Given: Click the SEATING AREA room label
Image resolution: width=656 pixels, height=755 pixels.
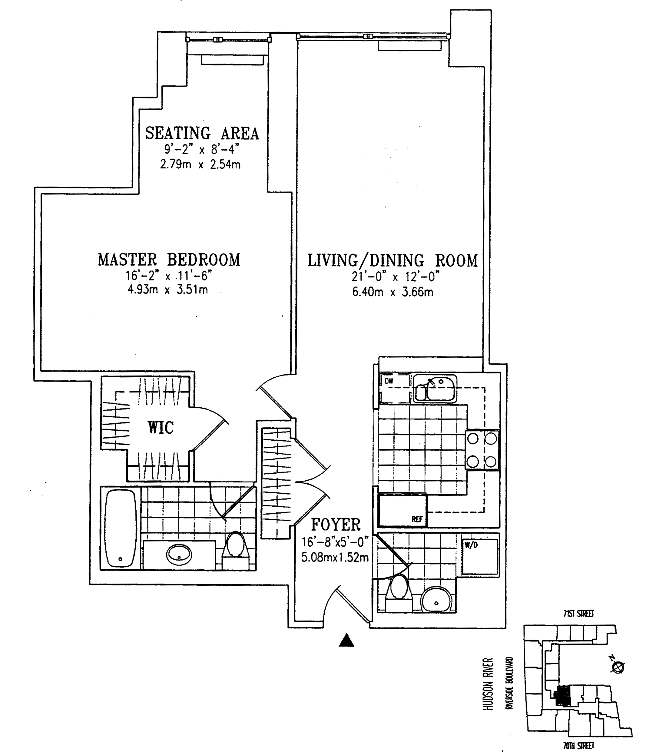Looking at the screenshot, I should point(202,133).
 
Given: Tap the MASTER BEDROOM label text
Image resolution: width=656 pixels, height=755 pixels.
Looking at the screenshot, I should point(169,260).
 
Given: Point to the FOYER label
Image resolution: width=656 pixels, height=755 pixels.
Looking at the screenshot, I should point(336,525).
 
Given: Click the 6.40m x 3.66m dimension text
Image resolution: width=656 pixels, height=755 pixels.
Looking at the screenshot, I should point(393,292).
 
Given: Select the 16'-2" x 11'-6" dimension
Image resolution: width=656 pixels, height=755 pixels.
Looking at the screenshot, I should point(169,275).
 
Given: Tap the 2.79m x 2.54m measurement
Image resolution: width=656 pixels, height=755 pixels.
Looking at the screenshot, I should point(200,164).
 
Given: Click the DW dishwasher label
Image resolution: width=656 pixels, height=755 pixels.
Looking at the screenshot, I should point(389,381).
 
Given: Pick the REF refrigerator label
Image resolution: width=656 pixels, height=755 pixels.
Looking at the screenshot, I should point(417,519).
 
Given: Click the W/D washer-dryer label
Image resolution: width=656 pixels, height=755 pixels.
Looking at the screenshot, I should point(471,545).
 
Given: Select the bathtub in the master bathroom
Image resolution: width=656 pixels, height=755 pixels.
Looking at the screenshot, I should point(121,528).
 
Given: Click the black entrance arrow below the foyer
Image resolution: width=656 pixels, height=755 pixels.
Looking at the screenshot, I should point(346,641).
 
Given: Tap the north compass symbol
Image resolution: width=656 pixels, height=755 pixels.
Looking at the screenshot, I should point(618,667).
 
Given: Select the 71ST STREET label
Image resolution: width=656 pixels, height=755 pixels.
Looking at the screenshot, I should point(578,613).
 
